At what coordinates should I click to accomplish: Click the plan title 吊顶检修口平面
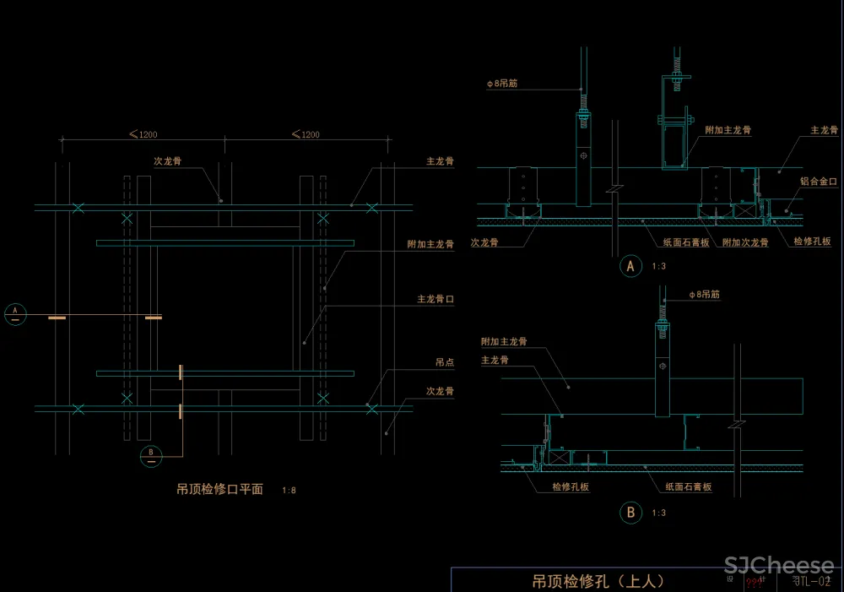[x=219, y=489]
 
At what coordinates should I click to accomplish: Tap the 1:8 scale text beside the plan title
[x=289, y=490]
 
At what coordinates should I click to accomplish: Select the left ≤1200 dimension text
[x=143, y=134]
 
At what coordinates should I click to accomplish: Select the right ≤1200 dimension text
[x=305, y=134]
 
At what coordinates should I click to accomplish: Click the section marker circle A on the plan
[x=15, y=313]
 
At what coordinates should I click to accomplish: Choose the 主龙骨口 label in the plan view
[x=436, y=299]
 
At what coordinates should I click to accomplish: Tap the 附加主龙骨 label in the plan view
[x=430, y=244]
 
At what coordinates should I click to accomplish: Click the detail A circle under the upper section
[x=630, y=267]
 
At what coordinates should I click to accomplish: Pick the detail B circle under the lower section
[x=630, y=512]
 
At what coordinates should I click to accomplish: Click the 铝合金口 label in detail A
[x=818, y=181]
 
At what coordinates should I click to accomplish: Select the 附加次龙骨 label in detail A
[x=745, y=242]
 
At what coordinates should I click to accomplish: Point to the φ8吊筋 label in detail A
[x=502, y=84]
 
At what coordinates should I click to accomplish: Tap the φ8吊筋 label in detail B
[x=704, y=295]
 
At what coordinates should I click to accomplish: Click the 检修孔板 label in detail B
[x=571, y=486]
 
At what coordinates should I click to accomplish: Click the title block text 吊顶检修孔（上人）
[x=598, y=581]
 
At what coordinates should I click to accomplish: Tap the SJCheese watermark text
[x=779, y=566]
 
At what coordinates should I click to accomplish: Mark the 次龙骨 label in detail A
[x=484, y=242]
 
